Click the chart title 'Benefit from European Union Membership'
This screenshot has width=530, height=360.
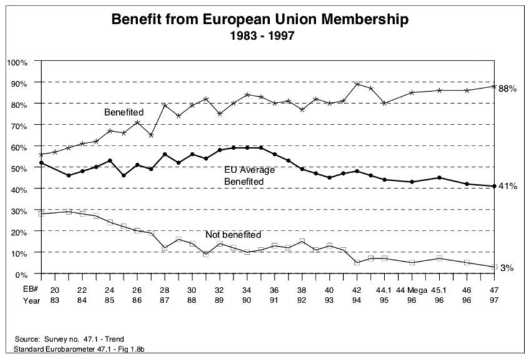coord(260,19)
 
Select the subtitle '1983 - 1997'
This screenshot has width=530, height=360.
coord(261,36)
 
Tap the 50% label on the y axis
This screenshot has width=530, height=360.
coord(19,167)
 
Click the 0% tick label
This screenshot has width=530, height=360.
coord(21,274)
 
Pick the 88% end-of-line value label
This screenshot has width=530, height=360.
coord(507,89)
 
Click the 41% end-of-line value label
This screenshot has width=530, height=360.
coord(507,186)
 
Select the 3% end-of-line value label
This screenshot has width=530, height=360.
coord(506,268)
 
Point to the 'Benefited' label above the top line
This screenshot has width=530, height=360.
coord(124,112)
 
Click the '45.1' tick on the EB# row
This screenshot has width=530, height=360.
coord(439,290)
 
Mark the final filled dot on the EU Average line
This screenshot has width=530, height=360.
coord(494,186)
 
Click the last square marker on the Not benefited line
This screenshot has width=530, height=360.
coord(494,267)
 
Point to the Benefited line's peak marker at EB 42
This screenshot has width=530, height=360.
coord(357,84)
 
